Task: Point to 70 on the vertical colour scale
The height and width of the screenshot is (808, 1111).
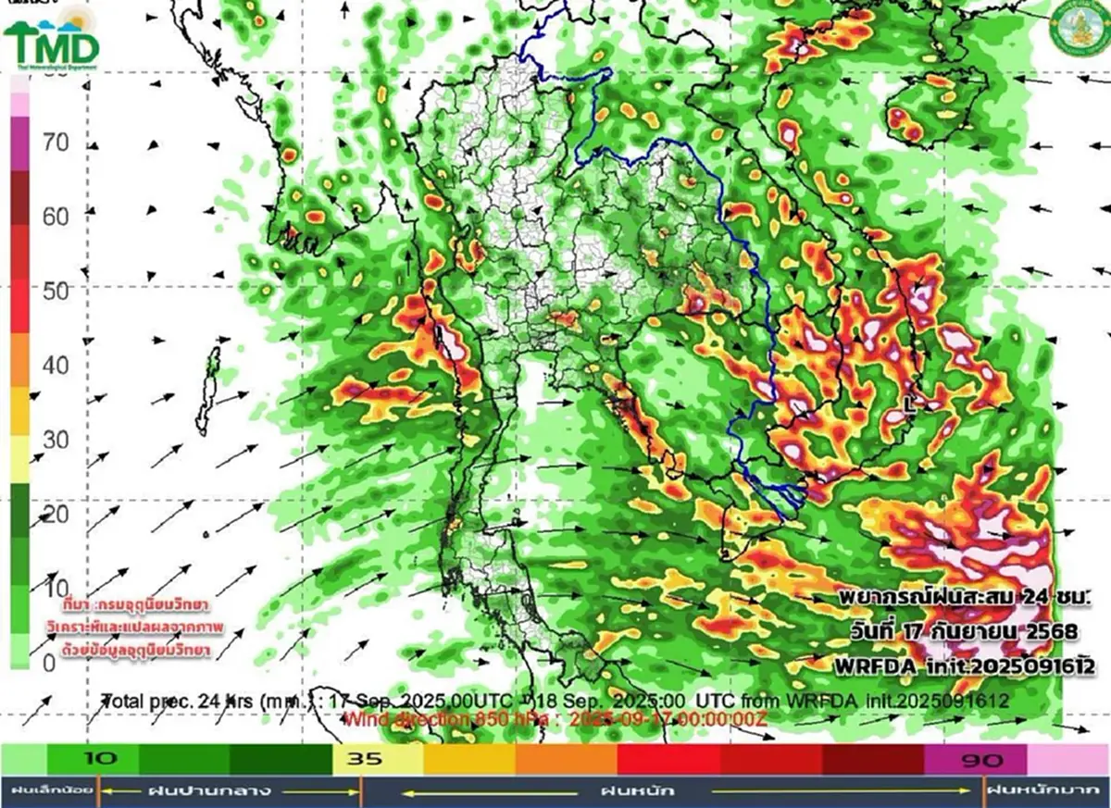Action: coord(56,143)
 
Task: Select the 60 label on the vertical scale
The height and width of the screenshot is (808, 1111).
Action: coord(56,217)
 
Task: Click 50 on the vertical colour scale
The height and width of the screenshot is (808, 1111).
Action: coord(56,291)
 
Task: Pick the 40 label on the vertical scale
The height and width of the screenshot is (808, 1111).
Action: coord(56,365)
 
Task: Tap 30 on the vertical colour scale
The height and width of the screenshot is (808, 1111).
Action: coord(56,439)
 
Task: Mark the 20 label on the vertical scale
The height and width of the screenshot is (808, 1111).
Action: coord(56,514)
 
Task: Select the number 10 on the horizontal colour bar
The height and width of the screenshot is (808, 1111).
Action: coord(102,760)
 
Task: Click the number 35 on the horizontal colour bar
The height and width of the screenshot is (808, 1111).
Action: coord(362,760)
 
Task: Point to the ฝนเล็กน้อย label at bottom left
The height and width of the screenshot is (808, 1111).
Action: coord(48,791)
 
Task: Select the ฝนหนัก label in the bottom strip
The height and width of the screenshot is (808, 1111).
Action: coord(638,791)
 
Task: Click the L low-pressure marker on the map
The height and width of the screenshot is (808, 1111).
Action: coord(913,404)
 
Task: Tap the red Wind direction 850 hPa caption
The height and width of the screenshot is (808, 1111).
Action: coord(555,717)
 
